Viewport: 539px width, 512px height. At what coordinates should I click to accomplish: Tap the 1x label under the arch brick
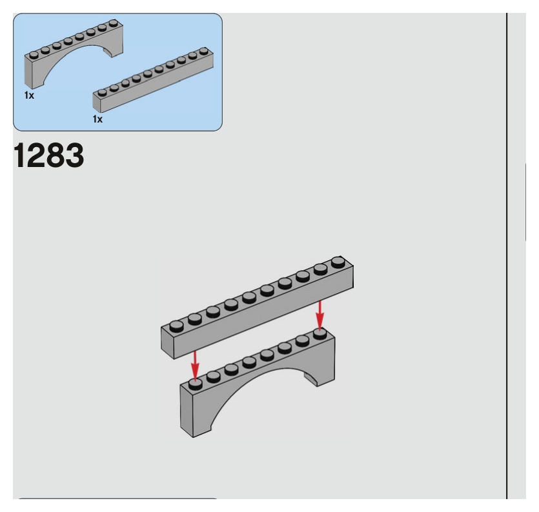click(x=30, y=95)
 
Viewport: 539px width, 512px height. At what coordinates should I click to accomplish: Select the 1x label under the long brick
click(x=97, y=119)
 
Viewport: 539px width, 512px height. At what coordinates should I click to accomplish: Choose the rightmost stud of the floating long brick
click(x=338, y=262)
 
